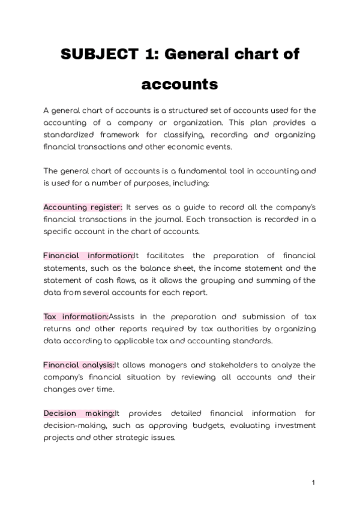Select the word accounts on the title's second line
[x=179, y=84]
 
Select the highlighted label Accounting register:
[x=83, y=207]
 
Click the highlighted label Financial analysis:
[x=79, y=365]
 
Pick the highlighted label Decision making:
[x=79, y=414]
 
